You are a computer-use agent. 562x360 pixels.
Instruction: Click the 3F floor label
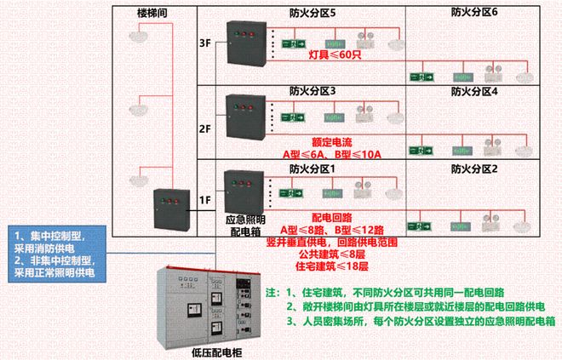[x=204, y=43]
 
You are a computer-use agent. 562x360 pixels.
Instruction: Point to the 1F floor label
[x=204, y=201]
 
